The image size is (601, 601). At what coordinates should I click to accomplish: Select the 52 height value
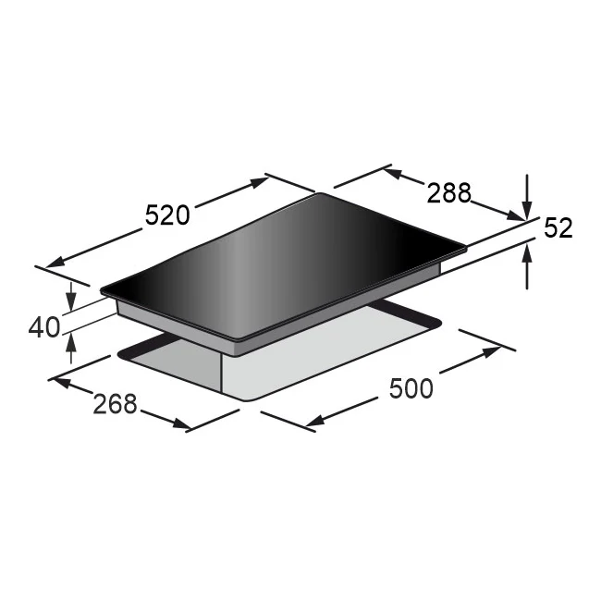pyautogui.click(x=558, y=227)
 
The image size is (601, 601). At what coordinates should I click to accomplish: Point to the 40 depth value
pyautogui.click(x=43, y=326)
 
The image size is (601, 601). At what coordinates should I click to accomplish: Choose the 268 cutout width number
pyautogui.click(x=115, y=403)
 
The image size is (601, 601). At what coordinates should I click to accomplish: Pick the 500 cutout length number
pyautogui.click(x=411, y=388)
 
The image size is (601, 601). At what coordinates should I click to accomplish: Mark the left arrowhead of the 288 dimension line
pyautogui.click(x=391, y=172)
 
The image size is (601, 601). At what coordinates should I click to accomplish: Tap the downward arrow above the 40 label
pyautogui.click(x=72, y=301)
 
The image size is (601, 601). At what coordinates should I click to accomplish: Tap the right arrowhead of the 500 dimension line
pyautogui.click(x=492, y=352)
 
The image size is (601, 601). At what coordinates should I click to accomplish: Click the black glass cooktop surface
pyautogui.click(x=277, y=264)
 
